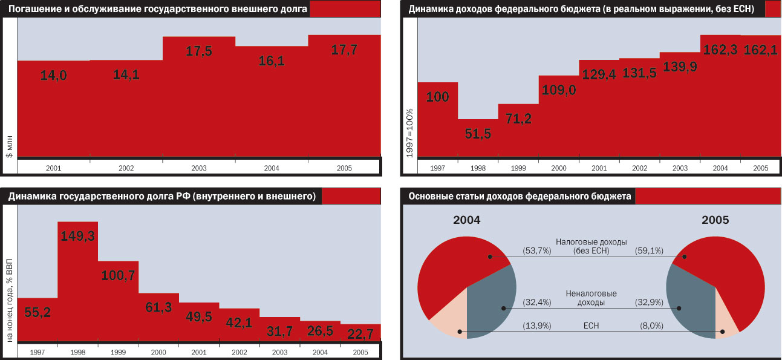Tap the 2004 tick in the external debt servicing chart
pos(271,167)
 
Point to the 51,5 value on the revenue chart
pos(478,134)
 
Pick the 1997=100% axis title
pos(409,134)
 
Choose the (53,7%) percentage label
pos(536,249)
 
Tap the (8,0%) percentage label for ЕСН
pos(651,326)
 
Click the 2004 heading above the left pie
pos(466,220)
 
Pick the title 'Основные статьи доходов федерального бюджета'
pos(520,197)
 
